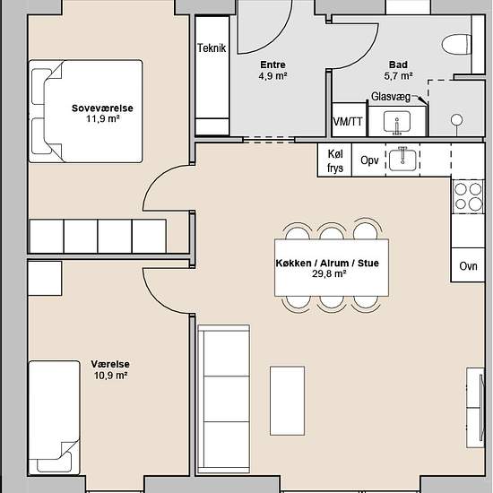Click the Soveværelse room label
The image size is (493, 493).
(x=102, y=108)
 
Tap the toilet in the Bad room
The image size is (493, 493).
(x=456, y=45)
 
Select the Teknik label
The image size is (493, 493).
(x=212, y=48)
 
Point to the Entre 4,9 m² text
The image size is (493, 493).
(x=272, y=70)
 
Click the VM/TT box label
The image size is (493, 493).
(x=348, y=122)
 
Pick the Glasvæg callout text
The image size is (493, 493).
(x=391, y=97)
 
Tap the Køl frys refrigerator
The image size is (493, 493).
(x=334, y=160)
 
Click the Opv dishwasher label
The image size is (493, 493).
(x=369, y=160)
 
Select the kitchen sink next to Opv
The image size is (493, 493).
(x=402, y=160)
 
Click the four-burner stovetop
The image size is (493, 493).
(x=468, y=197)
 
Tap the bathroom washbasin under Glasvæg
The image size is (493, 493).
(x=397, y=122)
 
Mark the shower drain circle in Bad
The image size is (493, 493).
(x=456, y=120)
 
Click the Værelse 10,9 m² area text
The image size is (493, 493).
(x=110, y=369)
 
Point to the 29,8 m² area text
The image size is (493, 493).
(x=329, y=273)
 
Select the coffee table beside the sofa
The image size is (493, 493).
(x=288, y=401)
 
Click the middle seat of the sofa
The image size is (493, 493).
(x=227, y=399)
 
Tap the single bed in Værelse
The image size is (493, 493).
(x=54, y=418)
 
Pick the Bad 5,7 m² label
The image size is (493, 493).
(x=398, y=70)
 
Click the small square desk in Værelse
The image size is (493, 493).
(x=45, y=278)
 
